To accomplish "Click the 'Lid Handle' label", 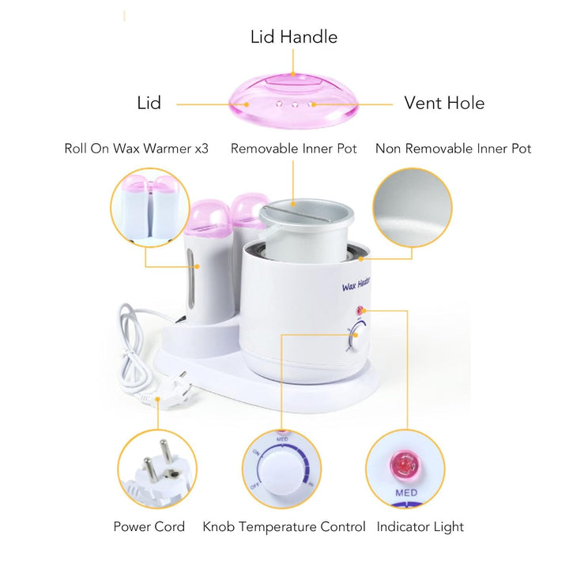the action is (x=294, y=37).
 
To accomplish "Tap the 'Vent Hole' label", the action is (x=444, y=103).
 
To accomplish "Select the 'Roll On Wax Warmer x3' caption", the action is (x=137, y=149).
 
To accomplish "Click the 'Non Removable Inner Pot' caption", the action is (x=454, y=149).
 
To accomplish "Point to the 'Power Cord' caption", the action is (x=149, y=526).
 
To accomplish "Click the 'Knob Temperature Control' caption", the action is (x=284, y=526).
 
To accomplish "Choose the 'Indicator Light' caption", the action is (x=420, y=527).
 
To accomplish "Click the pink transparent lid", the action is (x=293, y=99).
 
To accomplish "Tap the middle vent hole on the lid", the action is (x=295, y=104).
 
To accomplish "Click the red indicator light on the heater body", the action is (x=360, y=311).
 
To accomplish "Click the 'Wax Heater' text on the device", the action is (x=356, y=284).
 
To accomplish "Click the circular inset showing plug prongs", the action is (x=157, y=469).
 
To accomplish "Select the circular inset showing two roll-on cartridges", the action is (x=150, y=208).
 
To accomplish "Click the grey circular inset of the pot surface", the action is (x=413, y=208).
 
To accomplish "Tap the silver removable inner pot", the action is (x=307, y=228).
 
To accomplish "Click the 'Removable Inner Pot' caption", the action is (x=293, y=149).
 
